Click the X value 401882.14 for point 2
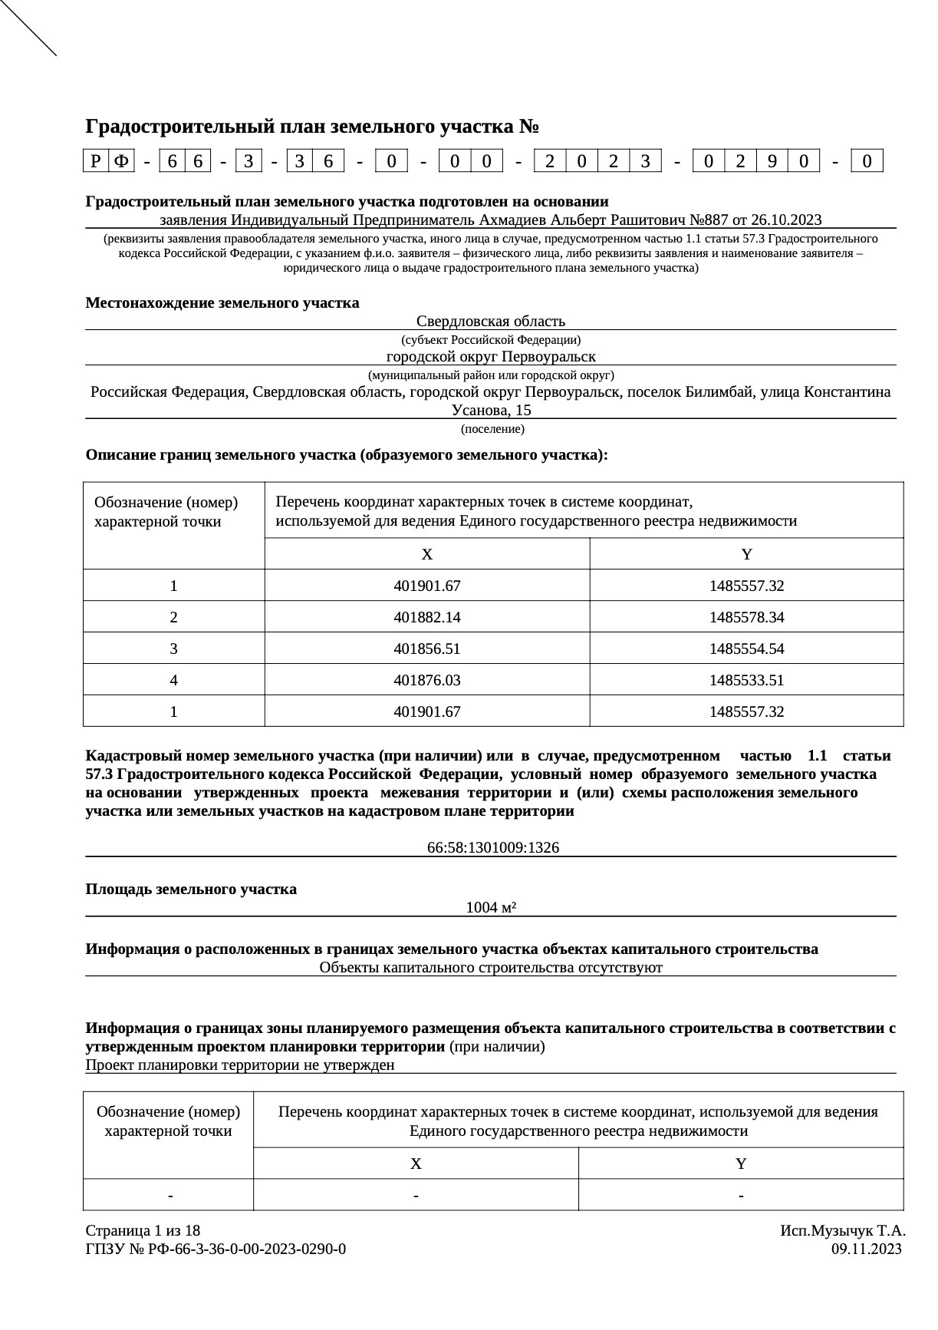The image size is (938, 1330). click(426, 617)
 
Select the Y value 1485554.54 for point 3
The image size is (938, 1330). click(746, 648)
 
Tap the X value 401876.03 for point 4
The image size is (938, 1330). click(426, 680)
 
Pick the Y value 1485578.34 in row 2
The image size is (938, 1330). click(746, 617)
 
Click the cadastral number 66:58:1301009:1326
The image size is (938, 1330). click(492, 848)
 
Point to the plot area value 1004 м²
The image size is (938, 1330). click(491, 908)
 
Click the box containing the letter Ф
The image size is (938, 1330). click(121, 161)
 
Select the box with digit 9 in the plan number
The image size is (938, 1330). click(772, 161)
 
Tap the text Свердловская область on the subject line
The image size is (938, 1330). click(491, 321)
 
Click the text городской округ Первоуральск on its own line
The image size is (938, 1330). click(491, 357)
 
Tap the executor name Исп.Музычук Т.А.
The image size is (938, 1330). click(843, 1230)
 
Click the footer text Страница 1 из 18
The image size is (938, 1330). click(143, 1230)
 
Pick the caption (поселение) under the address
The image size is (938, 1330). click(492, 429)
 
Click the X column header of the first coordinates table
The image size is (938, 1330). click(426, 554)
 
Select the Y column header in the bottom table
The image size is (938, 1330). click(741, 1163)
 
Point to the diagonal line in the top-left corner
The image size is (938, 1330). click(28, 28)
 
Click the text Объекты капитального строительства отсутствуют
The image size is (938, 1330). click(491, 968)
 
